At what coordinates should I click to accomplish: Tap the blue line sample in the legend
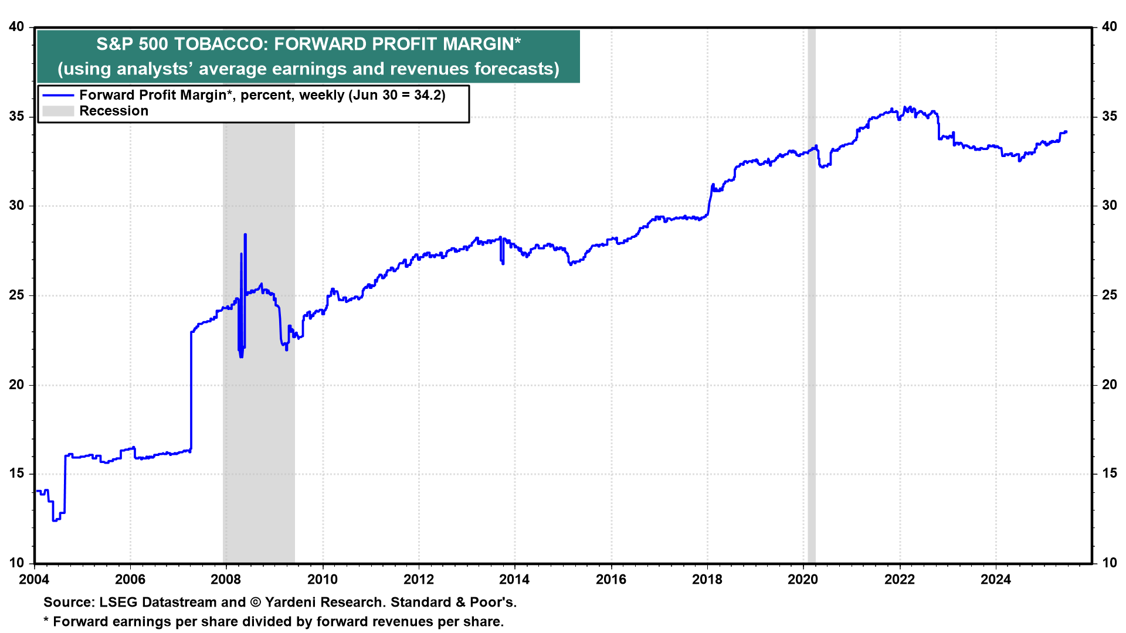58,96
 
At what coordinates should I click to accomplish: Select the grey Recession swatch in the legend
58,111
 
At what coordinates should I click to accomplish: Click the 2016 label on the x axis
611,580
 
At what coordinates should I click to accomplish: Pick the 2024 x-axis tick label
996,580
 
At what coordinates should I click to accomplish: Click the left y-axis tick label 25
17,295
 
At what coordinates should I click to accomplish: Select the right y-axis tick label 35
1110,116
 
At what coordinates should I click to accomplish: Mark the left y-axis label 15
17,474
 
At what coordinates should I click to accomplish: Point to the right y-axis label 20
1110,384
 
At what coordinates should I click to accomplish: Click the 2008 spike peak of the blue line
245,234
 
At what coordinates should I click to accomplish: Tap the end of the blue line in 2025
1066,132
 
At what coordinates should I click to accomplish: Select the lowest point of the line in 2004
55,520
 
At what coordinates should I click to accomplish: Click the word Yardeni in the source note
287,603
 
